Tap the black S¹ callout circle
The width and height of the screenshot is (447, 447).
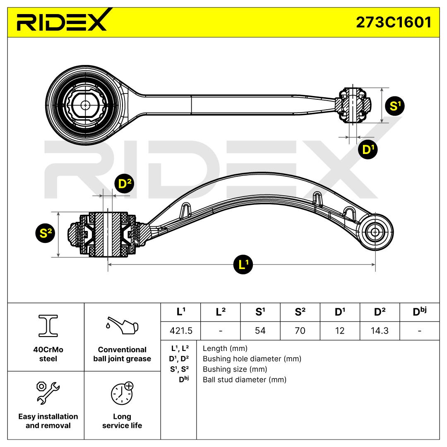[395, 106]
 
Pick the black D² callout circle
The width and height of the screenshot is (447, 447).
[125, 185]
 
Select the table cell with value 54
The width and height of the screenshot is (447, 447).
[260, 331]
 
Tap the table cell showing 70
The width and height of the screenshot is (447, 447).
[300, 331]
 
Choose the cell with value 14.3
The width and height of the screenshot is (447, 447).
[380, 331]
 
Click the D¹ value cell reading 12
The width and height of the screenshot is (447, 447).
[340, 331]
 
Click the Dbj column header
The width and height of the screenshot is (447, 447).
[419, 312]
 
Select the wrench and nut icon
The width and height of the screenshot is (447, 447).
[48, 392]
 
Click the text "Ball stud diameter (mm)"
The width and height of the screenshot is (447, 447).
[244, 380]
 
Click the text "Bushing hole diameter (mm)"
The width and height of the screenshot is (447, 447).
[252, 359]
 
